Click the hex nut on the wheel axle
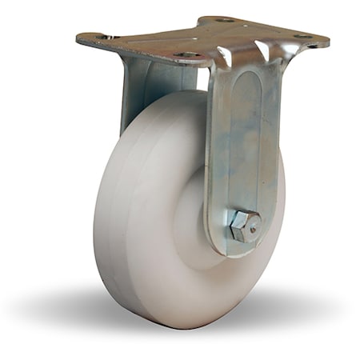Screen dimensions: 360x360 (x=244, y=226)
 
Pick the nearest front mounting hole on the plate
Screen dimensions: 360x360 (x=190, y=55)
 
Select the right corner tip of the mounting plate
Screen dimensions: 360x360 (x=327, y=40)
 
